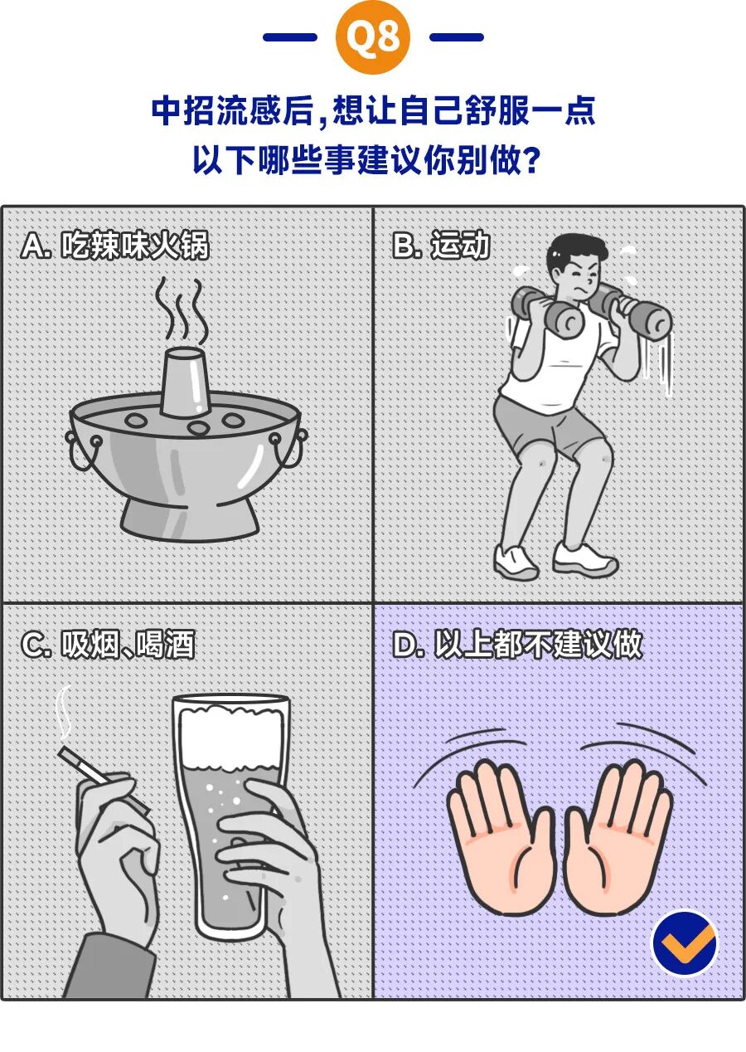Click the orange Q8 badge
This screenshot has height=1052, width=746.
coord(372,37)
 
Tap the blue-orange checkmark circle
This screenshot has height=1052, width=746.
coord(685,942)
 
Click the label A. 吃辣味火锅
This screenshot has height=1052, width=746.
coord(115,246)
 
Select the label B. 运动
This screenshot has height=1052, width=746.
coord(441,246)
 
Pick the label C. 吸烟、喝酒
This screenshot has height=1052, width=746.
coord(109,645)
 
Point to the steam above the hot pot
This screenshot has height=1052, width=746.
coord(180,310)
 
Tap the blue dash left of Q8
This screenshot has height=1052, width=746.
coord(289,37)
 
